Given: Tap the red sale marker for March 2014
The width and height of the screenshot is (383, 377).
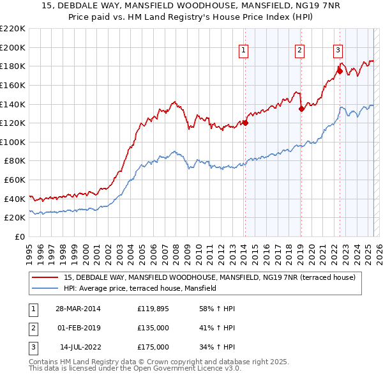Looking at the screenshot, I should (245, 123).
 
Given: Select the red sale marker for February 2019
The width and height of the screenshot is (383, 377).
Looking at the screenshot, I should (301, 109).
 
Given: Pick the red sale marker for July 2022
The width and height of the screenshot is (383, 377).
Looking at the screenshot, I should (340, 71).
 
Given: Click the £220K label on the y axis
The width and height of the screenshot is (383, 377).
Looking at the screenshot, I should (14, 29).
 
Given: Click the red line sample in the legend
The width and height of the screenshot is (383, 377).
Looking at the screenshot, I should (45, 277).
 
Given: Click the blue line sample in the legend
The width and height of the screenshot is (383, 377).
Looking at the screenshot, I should (45, 288).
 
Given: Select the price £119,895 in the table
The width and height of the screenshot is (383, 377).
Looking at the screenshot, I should (153, 309).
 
